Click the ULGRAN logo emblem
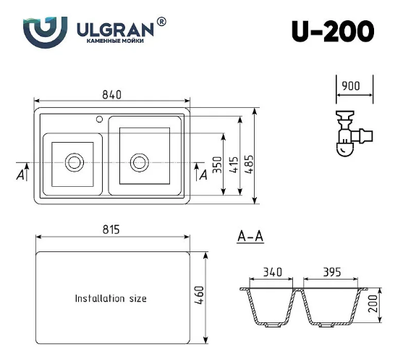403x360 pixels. pyautogui.click(x=45, y=31)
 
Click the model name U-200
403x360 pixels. pyautogui.click(x=332, y=30)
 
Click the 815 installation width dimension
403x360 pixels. pyautogui.click(x=110, y=230)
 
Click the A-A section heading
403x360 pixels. pyautogui.click(x=250, y=236)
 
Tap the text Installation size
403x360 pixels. pyautogui.click(x=111, y=298)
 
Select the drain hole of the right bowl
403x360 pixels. pyautogui.click(x=138, y=160)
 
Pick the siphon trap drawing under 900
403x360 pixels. pyautogui.click(x=351, y=133)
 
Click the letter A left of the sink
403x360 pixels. pyautogui.click(x=21, y=175)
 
